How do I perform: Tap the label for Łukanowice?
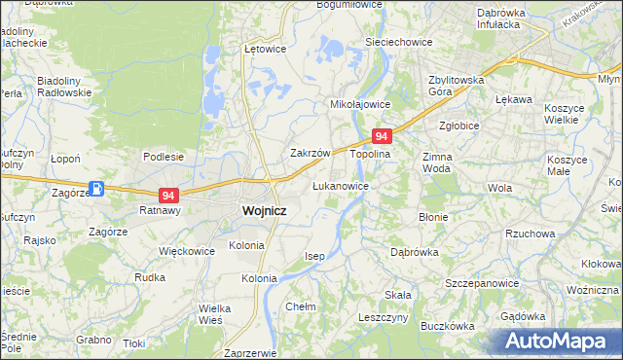click(x=340, y=185)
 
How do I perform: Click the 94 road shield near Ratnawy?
click(x=169, y=196)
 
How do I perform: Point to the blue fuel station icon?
click(x=97, y=189)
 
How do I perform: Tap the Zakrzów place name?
click(x=312, y=154)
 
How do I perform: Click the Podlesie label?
click(x=164, y=156)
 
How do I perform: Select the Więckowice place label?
click(x=186, y=250)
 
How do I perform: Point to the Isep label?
click(x=313, y=256)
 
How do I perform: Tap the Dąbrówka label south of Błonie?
click(x=417, y=251)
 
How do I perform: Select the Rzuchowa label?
click(x=531, y=234)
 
